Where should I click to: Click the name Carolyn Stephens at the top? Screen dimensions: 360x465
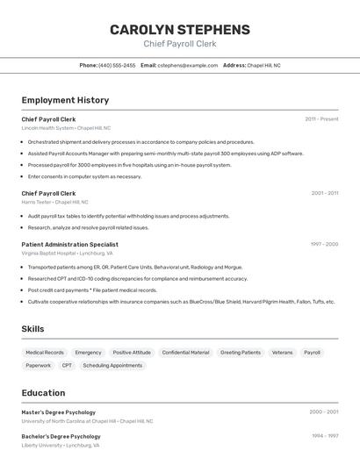click(179, 30)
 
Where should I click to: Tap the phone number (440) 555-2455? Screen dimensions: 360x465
click(117, 65)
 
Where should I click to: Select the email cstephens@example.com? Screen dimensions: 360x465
click(187, 65)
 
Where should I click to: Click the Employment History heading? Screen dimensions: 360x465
click(65, 100)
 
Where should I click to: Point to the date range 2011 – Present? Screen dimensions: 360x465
click(321, 118)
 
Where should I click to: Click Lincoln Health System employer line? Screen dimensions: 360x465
click(67, 128)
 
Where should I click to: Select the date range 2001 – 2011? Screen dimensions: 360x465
click(324, 193)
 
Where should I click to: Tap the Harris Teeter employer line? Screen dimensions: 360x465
click(54, 202)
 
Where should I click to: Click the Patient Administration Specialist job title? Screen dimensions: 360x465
click(69, 244)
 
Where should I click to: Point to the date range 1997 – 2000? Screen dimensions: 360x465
click(324, 244)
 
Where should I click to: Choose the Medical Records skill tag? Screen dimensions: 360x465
click(45, 353)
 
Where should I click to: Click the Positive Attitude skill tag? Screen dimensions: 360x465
click(132, 353)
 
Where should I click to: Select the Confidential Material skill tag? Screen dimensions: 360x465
click(185, 353)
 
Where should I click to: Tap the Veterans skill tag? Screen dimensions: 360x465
click(282, 353)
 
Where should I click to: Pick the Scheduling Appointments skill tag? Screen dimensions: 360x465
click(112, 365)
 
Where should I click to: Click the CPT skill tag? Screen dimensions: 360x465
click(67, 365)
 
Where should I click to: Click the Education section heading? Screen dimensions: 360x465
click(43, 393)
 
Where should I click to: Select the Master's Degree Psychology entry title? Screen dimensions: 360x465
click(59, 411)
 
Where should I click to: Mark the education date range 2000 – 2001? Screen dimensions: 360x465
click(323, 411)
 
